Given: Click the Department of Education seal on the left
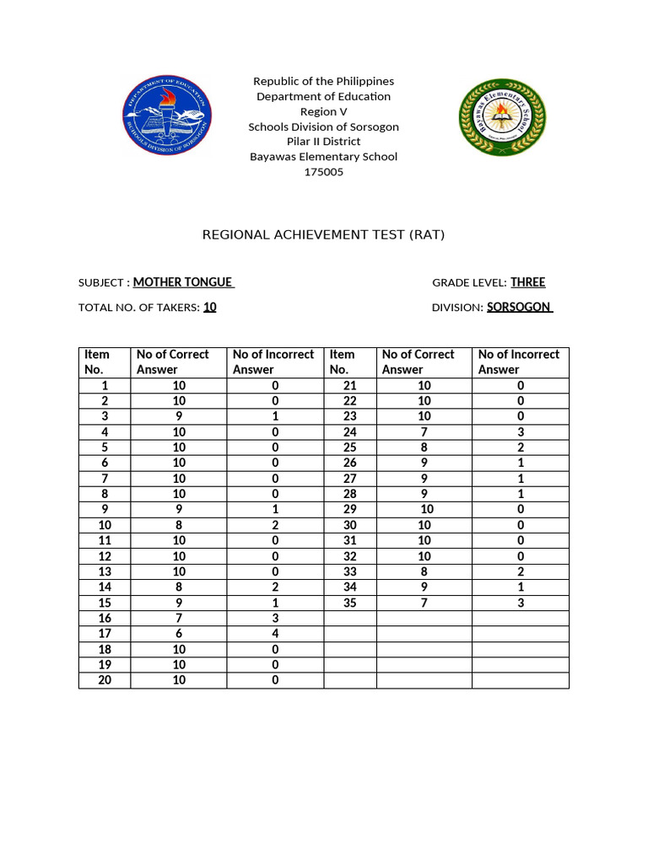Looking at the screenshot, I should (x=168, y=115).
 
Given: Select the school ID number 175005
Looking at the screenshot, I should (x=323, y=172).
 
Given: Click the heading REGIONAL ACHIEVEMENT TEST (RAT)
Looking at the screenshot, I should (x=323, y=234).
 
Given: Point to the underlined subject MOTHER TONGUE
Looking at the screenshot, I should (x=183, y=282).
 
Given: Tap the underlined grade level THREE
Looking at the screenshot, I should (x=527, y=282).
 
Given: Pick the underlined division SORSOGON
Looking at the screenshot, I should (x=519, y=308).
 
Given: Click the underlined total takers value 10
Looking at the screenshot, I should (x=210, y=308).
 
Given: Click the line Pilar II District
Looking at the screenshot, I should (x=323, y=142).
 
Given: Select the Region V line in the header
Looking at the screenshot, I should (x=323, y=111).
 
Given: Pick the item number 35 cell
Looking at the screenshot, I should (x=349, y=603).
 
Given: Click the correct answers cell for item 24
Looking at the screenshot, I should (x=424, y=432).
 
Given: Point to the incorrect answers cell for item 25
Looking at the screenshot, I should (x=521, y=448).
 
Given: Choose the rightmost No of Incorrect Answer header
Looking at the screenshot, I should (x=519, y=362).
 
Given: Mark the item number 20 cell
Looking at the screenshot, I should (x=105, y=680).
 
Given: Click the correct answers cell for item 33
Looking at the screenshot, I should (x=424, y=571).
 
